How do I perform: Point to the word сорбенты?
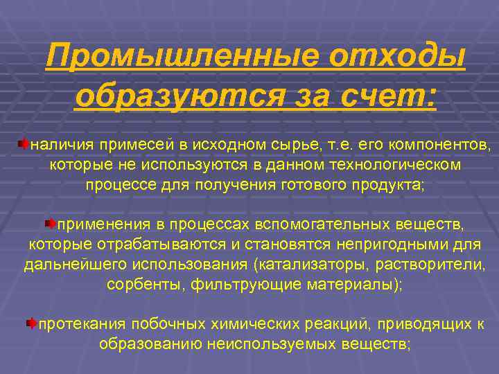click(x=143, y=285)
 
